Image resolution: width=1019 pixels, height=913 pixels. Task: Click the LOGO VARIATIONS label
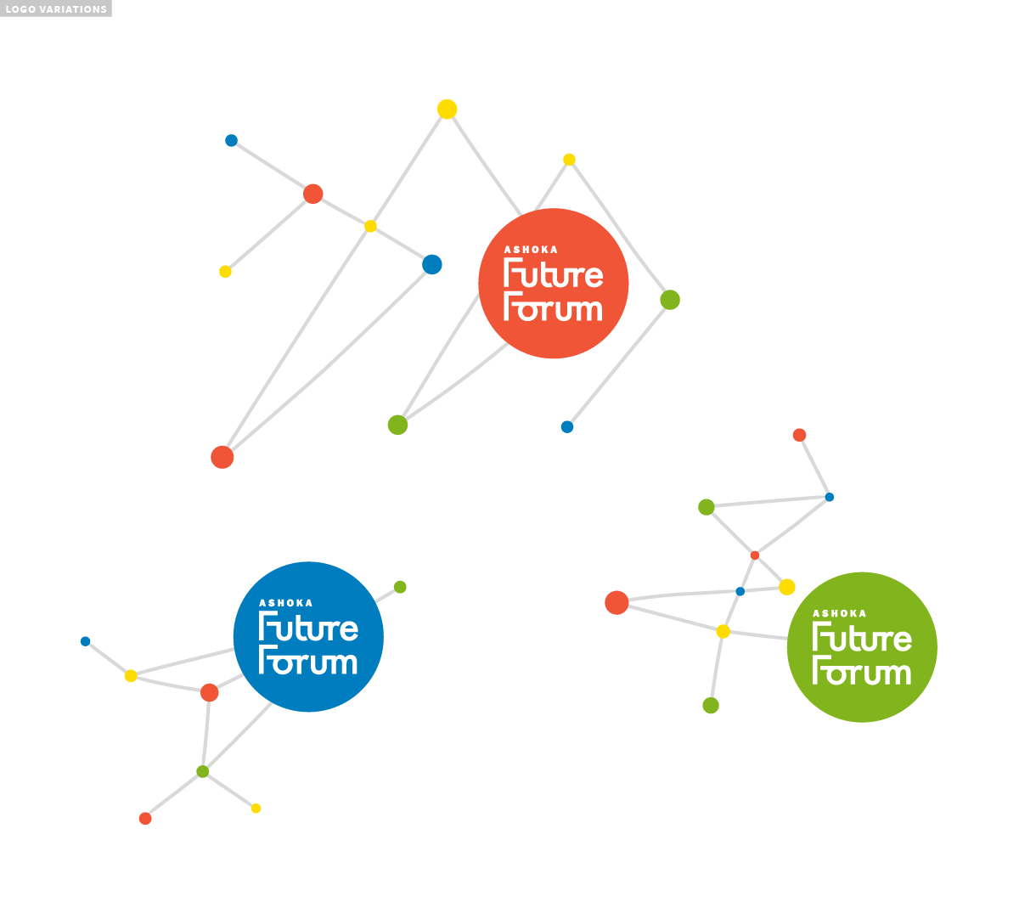pos(56,9)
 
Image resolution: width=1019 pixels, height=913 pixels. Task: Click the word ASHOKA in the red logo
pos(531,250)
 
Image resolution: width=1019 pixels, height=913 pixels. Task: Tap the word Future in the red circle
pos(554,274)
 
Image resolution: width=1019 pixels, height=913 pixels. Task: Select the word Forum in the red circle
pos(554,307)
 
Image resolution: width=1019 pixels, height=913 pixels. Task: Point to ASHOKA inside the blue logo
pos(285,603)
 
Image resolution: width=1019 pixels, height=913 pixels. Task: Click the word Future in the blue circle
pos(308,628)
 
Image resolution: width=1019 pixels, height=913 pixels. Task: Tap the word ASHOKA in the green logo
pos(840,613)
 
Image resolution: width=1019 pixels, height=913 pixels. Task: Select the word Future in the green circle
pos(862,638)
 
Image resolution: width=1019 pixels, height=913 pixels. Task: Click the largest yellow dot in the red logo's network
pos(448,110)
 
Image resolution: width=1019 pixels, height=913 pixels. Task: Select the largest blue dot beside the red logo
pos(432,265)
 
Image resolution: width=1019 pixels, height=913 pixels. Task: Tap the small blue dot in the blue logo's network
pos(85,641)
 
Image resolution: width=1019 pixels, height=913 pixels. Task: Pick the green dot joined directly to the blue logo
pos(400,587)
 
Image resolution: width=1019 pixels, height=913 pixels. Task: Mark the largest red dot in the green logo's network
pos(616,603)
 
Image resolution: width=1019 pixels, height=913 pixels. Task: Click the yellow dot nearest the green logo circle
pos(787,587)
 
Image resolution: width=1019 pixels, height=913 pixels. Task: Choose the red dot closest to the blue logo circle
pos(210,693)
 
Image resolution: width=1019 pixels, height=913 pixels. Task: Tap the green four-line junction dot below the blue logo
pos(203,771)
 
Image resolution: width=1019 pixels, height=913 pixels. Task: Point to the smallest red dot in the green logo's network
pos(755,555)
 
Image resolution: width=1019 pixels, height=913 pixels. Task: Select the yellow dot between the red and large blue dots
pos(370,226)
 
